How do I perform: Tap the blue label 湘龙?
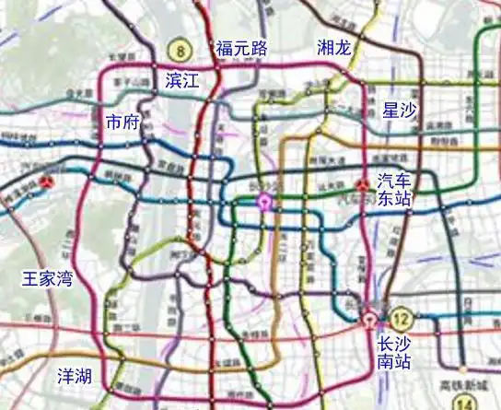[332, 48]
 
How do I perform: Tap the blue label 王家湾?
[49, 277]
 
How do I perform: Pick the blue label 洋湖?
[75, 376]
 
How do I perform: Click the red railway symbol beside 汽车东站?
[364, 185]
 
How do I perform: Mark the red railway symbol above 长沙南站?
[369, 322]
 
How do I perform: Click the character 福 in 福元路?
[224, 48]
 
